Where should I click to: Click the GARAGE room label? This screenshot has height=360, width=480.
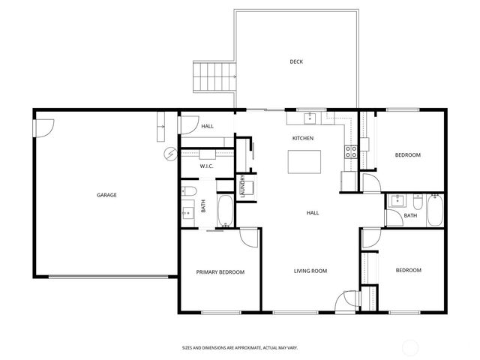click(x=106, y=195)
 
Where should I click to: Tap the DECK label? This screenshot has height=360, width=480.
click(x=297, y=61)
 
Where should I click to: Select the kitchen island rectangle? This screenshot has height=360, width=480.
click(x=304, y=161)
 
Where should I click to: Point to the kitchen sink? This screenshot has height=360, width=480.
click(x=310, y=118)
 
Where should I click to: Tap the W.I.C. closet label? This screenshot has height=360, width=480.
click(x=207, y=166)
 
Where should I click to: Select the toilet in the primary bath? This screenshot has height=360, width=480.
click(x=189, y=190)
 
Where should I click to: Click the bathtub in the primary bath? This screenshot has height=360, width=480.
click(x=225, y=210)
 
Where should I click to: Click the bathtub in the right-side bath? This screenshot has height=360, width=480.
click(x=434, y=212)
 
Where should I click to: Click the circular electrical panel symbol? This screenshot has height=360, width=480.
click(x=171, y=154)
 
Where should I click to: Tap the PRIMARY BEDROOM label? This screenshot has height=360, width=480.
click(x=220, y=271)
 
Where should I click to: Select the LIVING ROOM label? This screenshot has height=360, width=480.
click(x=310, y=271)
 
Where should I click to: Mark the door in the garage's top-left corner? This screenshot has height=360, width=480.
click(x=43, y=127)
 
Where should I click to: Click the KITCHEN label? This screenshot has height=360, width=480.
click(x=302, y=138)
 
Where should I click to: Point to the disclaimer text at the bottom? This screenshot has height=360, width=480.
click(x=239, y=348)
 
